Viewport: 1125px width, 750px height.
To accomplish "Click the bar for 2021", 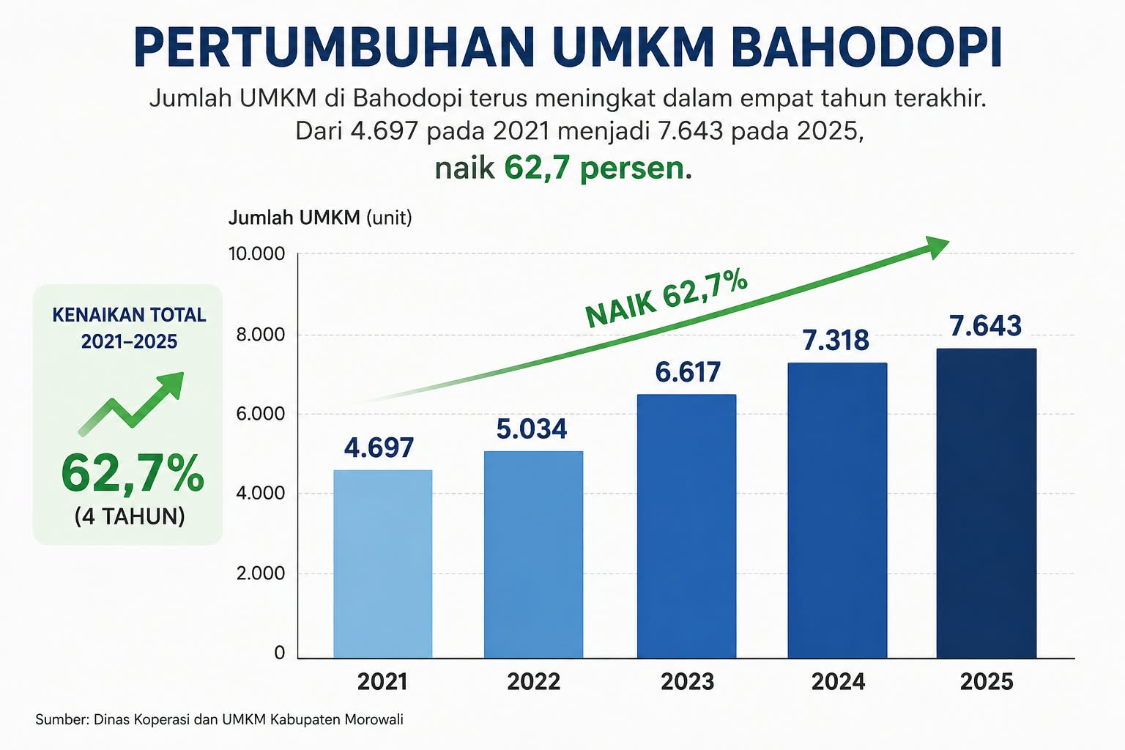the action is pos(383,564).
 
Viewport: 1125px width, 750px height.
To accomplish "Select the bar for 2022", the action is pos(533,554).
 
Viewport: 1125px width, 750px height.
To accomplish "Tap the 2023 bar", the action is pos(686,526).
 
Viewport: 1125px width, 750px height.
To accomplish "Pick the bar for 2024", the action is pos(837,510).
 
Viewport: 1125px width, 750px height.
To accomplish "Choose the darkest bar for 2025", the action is pos(987,503).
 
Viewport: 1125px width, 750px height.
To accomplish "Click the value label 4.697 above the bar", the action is pos(379,448).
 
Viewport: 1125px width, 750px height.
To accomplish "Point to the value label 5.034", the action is pos(531,429).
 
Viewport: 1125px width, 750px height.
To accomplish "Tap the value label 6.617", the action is pos(688,372).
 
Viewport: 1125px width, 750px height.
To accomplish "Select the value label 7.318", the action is pos(835,340).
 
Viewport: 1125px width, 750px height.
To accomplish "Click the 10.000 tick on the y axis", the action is pos(256,253).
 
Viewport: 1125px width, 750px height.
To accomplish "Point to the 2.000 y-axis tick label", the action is pos(261,573).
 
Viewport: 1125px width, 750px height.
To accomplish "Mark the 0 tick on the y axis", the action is pos(279,653).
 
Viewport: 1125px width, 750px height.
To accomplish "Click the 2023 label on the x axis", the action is pos(687,682).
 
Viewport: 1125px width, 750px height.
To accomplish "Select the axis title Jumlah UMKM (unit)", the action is pos(320,218).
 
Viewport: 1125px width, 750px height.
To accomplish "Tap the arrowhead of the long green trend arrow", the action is pos(936,247).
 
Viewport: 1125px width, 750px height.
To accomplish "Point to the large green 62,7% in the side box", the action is pos(133,472).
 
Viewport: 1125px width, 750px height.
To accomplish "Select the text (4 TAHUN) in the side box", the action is pos(130,516).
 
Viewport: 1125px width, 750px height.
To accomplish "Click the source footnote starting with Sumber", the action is pos(219,719).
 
